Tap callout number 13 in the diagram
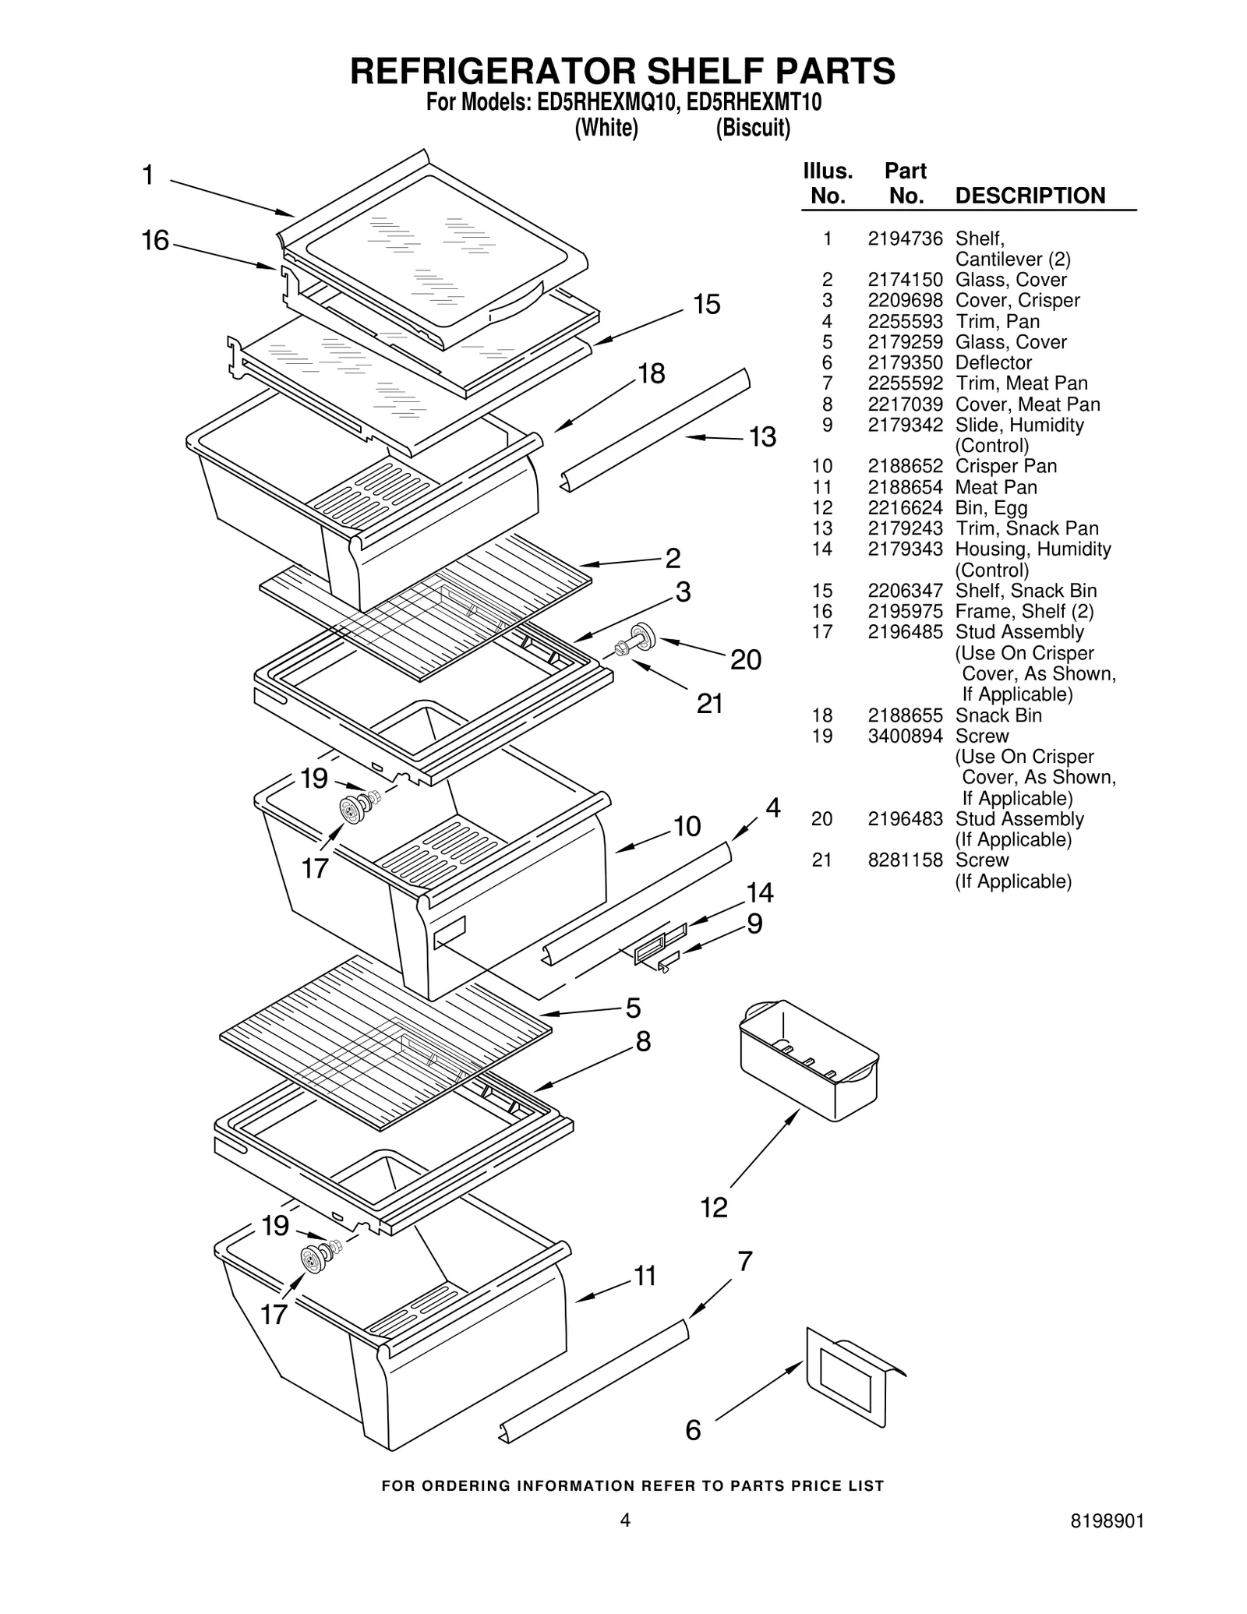[762, 437]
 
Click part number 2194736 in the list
[905, 238]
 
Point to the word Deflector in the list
[993, 362]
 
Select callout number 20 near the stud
[745, 660]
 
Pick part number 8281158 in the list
[905, 860]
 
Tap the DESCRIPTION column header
[1030, 196]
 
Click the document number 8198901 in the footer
[1106, 1543]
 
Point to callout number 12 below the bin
[714, 1207]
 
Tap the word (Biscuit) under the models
[753, 128]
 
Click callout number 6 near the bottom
[693, 1430]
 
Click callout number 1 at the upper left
[148, 176]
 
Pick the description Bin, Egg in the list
[991, 508]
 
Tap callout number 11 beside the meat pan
[645, 1276]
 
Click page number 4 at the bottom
[624, 1542]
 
